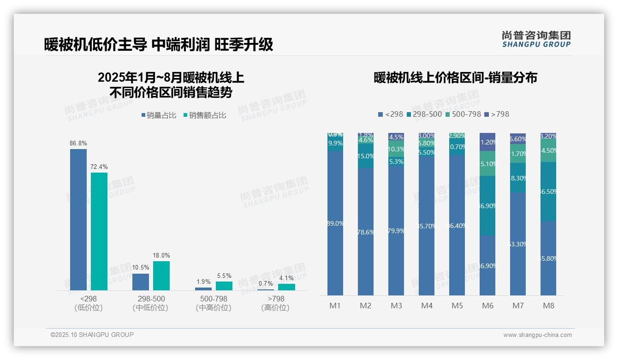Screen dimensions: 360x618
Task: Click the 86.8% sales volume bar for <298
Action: [78, 219]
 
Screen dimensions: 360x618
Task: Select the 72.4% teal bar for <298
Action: [99, 231]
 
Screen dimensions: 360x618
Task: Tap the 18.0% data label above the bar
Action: [161, 255]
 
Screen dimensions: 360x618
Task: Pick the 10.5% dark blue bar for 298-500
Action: [141, 282]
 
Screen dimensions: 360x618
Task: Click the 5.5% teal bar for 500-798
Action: [224, 286]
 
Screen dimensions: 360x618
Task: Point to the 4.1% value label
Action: [286, 278]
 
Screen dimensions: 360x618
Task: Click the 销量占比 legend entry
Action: [159, 115]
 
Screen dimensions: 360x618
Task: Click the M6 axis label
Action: [487, 306]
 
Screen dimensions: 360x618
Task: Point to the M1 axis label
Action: [335, 306]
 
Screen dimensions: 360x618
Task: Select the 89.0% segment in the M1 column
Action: [335, 223]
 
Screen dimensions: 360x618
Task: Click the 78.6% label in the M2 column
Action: [366, 232]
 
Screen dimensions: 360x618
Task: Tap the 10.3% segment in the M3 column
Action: [396, 149]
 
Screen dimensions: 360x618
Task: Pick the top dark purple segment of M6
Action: [487, 142]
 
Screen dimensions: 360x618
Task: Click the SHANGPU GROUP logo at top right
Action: [536, 39]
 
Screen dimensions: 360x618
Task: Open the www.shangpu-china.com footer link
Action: [537, 335]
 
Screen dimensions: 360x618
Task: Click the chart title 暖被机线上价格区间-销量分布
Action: [455, 78]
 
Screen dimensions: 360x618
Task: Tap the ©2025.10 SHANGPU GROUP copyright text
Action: [92, 335]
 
